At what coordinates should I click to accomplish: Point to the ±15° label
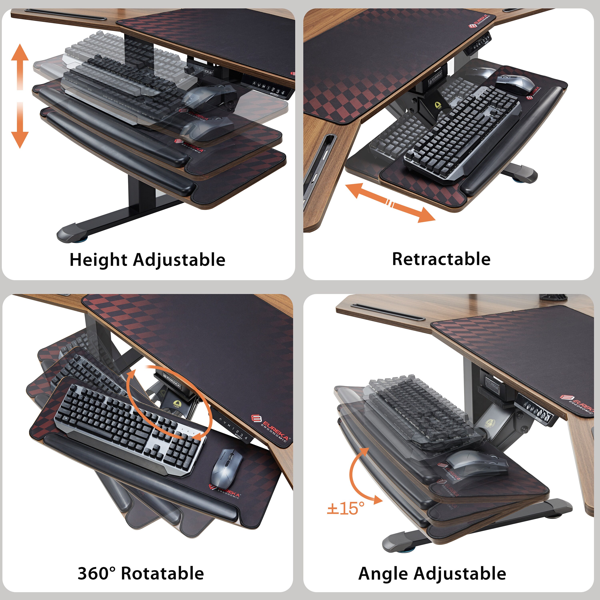click(345, 509)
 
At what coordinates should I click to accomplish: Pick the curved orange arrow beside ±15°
click(360, 477)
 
